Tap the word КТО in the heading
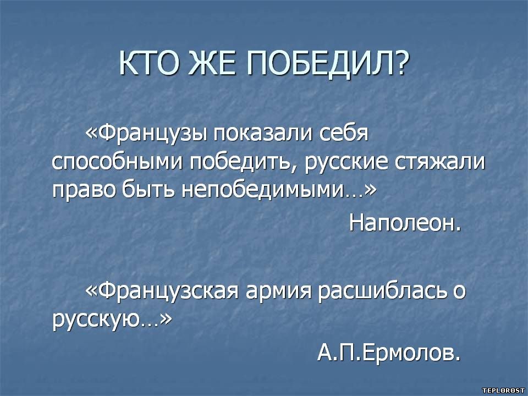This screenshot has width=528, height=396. click(150, 63)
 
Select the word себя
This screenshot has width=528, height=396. click(343, 133)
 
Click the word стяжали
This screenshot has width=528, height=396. click(440, 163)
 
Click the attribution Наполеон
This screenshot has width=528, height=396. click(405, 223)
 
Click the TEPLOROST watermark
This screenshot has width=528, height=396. click(503, 391)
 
